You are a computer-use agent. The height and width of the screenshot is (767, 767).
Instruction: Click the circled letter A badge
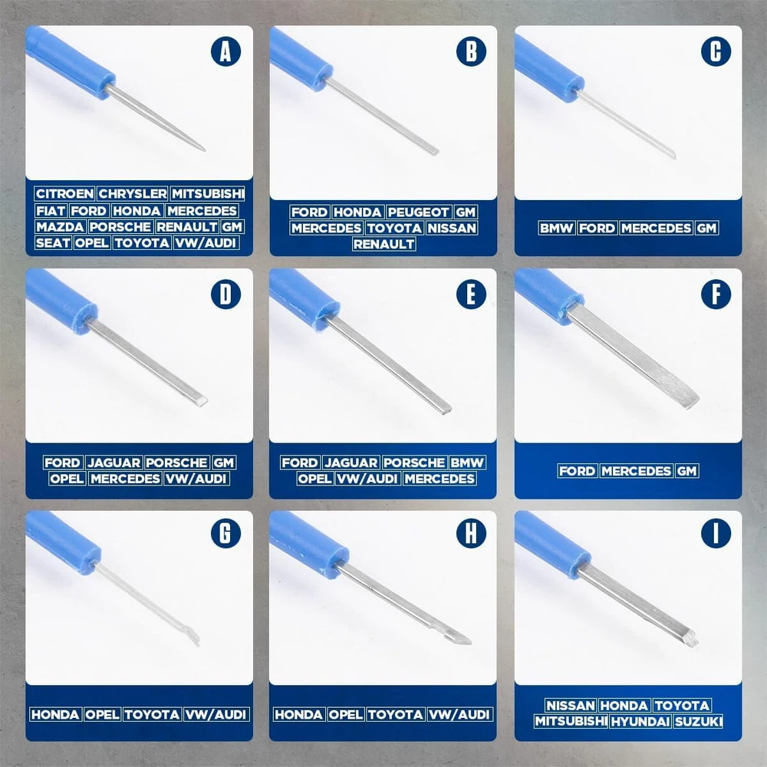225,51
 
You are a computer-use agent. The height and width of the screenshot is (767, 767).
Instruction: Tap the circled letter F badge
716,295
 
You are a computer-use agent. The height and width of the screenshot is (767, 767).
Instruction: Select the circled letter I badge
716,533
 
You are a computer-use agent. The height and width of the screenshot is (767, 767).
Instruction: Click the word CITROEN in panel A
64,194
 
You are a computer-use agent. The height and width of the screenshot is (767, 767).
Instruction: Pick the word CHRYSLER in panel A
133,194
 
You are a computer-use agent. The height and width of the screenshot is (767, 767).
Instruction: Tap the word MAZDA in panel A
60,227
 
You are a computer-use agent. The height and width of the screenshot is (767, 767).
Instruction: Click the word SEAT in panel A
53,243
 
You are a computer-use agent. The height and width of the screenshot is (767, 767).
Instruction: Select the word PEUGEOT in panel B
419,212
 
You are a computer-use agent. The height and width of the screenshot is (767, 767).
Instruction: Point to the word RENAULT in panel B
384,244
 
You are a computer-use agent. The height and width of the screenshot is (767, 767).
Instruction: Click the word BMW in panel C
556,228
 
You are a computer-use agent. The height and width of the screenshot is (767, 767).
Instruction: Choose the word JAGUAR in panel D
114,463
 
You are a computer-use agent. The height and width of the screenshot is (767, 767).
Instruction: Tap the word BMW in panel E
467,463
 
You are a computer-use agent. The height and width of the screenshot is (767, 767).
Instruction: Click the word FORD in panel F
578,471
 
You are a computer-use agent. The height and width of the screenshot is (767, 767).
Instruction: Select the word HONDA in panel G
55,715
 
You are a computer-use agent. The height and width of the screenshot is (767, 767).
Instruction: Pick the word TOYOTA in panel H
396,715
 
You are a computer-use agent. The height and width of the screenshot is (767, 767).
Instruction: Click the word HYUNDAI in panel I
640,722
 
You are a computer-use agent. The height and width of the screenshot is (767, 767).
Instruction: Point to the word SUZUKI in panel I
698,722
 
